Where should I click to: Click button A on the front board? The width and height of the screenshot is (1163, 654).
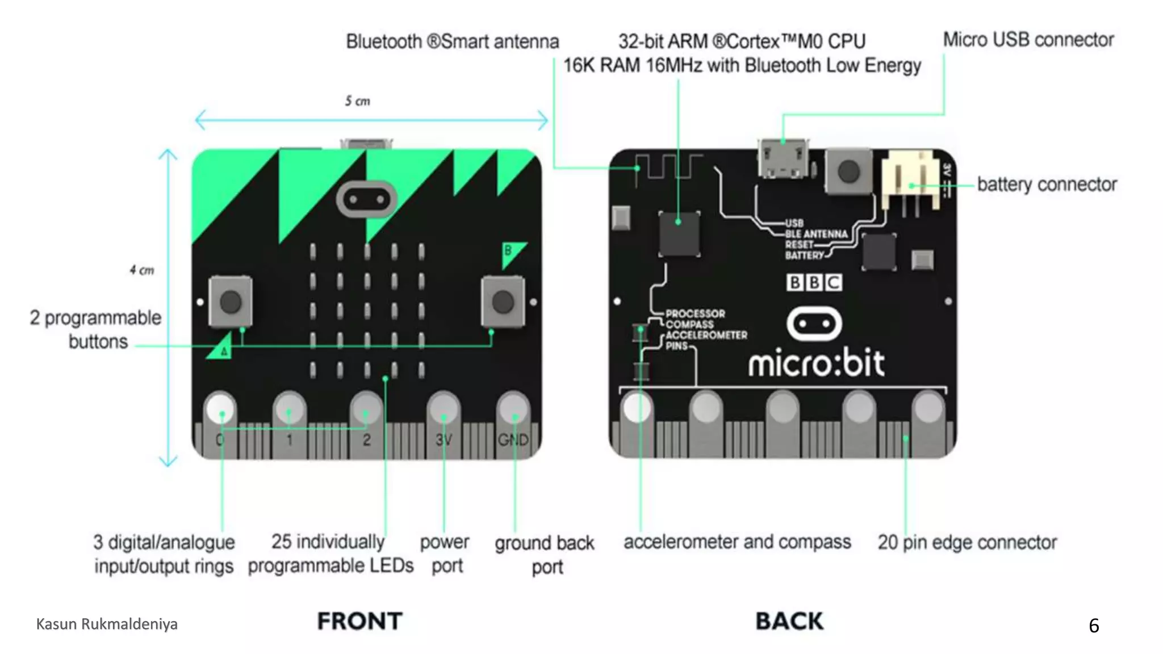(x=231, y=302)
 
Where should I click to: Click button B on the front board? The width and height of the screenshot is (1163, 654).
(x=503, y=301)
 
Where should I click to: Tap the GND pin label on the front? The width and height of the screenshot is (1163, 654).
(x=513, y=440)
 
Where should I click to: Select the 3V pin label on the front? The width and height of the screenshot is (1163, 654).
(x=444, y=440)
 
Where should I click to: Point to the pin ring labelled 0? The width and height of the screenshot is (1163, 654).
(x=220, y=409)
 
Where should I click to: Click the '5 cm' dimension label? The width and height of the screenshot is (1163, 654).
(x=357, y=101)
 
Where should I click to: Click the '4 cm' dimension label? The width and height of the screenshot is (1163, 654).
(x=141, y=270)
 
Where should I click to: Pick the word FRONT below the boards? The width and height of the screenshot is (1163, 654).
(x=359, y=621)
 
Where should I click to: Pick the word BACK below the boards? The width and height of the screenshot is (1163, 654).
(x=789, y=621)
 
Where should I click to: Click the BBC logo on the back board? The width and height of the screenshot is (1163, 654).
(x=814, y=282)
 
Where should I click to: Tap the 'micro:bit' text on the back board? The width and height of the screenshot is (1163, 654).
(x=816, y=363)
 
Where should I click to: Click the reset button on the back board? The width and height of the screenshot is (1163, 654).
(x=848, y=171)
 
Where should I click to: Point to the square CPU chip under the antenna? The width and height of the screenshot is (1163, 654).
(x=679, y=233)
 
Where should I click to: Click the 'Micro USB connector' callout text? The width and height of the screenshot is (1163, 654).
(x=1028, y=40)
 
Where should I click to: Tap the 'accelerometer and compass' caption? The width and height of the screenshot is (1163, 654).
(x=737, y=542)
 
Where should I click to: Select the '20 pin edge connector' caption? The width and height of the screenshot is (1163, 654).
(x=967, y=543)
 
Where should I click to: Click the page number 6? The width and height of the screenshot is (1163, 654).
(x=1094, y=625)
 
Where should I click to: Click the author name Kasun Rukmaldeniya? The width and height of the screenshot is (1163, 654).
(x=107, y=624)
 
